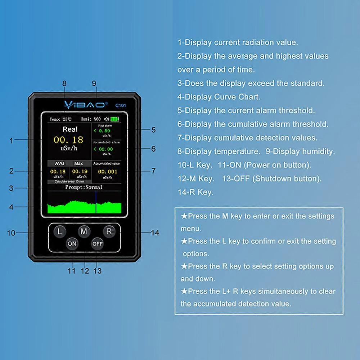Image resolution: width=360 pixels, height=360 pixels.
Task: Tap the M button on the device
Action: pyautogui.click(x=84, y=231)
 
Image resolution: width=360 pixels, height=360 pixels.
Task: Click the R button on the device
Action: pyautogui.click(x=108, y=231)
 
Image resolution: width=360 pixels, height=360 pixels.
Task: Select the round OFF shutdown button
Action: pyautogui.click(x=97, y=244)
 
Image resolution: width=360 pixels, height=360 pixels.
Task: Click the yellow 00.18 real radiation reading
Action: pyautogui.click(x=68, y=140)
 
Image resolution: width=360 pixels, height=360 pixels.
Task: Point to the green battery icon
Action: pyautogui.click(x=114, y=119)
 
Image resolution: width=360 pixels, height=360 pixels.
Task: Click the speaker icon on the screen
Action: pyautogui.click(x=106, y=119)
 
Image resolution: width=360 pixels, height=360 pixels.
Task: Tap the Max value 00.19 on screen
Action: pyautogui.click(x=80, y=172)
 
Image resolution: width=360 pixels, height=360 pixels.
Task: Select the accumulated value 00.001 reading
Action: pyautogui.click(x=107, y=172)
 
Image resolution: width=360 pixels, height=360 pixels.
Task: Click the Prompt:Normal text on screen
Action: pyautogui.click(x=84, y=187)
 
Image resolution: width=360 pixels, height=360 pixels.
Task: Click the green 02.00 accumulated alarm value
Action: pyautogui.click(x=105, y=149)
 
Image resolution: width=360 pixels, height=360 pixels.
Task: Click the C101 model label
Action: pyautogui.click(x=120, y=105)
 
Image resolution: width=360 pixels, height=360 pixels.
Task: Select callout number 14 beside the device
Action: pyautogui.click(x=154, y=233)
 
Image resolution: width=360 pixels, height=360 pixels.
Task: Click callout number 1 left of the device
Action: pyautogui.click(x=11, y=141)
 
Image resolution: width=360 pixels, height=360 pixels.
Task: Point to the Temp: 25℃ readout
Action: pyautogui.click(x=60, y=119)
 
